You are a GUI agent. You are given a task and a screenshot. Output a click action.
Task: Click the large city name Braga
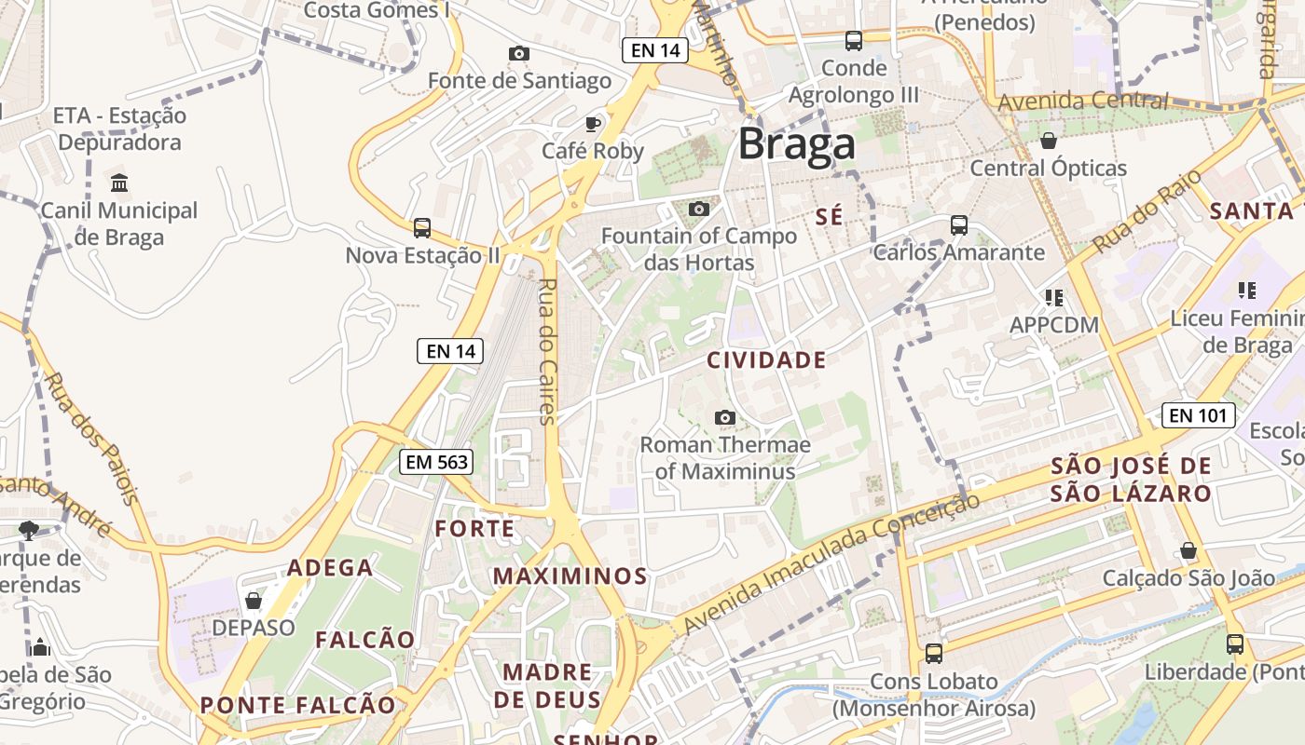pyautogui.click(x=796, y=144)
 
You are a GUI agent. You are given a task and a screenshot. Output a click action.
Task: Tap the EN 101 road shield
pyautogui.click(x=1199, y=415)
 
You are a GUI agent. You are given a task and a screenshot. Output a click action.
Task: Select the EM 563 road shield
pyautogui.click(x=436, y=461)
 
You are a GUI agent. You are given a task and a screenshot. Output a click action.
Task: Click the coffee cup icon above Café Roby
pyautogui.click(x=593, y=124)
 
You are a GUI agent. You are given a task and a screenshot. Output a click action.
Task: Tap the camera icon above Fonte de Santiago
pyautogui.click(x=519, y=54)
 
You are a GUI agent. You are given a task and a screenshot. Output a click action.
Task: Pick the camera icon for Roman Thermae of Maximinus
pyautogui.click(x=724, y=418)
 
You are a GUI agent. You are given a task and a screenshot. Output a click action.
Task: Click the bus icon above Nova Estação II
pyautogui.click(x=422, y=228)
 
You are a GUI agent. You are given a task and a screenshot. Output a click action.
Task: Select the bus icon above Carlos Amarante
pyautogui.click(x=958, y=225)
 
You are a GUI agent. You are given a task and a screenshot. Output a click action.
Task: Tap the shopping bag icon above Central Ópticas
pyautogui.click(x=1049, y=141)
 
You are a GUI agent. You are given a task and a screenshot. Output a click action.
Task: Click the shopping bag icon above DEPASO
pyautogui.click(x=254, y=601)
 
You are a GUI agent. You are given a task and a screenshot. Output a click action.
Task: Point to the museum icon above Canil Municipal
pyautogui.click(x=119, y=183)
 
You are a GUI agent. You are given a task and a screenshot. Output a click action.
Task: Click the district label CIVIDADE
pyautogui.click(x=766, y=360)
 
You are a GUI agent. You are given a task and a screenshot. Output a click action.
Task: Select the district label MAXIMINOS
pyautogui.click(x=570, y=576)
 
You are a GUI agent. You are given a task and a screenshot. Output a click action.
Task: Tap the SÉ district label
pyautogui.click(x=829, y=217)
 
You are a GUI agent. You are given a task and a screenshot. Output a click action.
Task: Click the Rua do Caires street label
pyautogui.click(x=547, y=351)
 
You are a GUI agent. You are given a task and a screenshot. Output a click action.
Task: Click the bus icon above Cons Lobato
pyautogui.click(x=934, y=654)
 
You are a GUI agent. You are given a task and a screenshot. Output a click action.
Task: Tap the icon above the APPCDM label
pyautogui.click(x=1054, y=298)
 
